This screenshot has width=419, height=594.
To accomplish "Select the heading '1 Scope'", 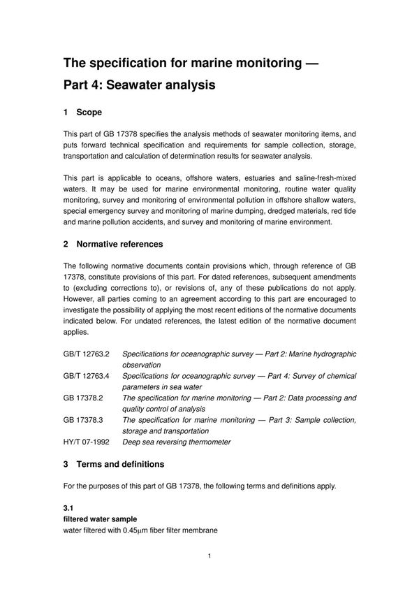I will coord(82,112).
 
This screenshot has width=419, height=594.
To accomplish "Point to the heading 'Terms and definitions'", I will coord(119,463).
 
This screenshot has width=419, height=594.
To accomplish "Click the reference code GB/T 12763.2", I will coord(87,354).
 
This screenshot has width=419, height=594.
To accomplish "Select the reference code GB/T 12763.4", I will coord(87,376).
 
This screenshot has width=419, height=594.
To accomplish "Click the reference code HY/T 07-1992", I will coord(87,442).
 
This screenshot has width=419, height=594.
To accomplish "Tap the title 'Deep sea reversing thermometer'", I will coord(176,442).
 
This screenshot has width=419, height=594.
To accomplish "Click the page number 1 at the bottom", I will coord(209,557).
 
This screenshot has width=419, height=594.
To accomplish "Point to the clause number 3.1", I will coord(68,508).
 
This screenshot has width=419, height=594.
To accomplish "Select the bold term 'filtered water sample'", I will coord(101,519).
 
